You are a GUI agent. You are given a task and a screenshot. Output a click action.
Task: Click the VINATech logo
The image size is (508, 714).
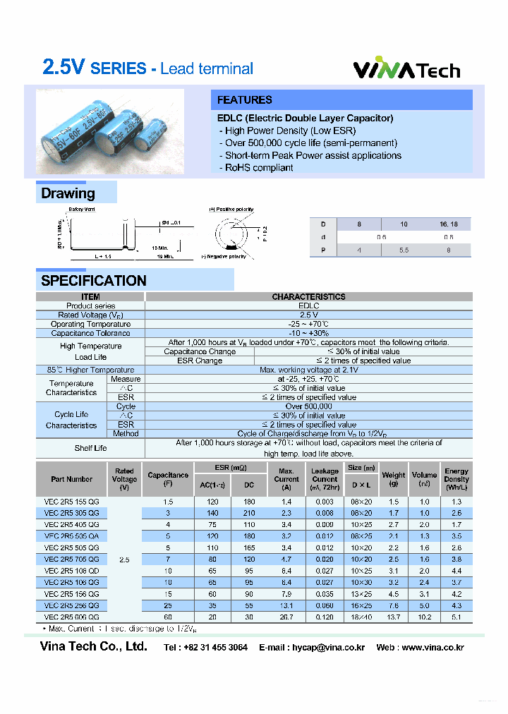coord(406,70)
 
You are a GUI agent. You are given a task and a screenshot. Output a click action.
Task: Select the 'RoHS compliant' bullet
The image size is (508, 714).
coord(259,167)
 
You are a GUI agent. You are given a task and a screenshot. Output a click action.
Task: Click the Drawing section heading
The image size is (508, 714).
coord(68,193)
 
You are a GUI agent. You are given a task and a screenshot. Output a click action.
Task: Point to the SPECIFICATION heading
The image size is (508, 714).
coord(94,280)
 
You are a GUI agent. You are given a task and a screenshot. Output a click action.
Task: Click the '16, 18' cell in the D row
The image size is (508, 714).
coord(449,224)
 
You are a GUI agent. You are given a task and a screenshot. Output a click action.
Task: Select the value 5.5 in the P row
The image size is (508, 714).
coord(404,250)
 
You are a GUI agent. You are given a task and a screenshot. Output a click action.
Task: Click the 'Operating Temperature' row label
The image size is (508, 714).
coord(90,324)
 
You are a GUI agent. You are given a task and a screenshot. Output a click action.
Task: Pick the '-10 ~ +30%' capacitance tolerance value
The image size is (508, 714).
coord(309,333)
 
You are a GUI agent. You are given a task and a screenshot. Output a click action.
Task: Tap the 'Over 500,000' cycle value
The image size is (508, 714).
coord(309,406)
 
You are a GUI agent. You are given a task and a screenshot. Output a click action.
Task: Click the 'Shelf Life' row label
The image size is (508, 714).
coord(90,448)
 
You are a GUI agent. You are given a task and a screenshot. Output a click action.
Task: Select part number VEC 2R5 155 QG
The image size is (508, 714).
coord(71,500)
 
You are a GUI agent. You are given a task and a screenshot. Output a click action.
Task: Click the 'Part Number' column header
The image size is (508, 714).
coord(71,479)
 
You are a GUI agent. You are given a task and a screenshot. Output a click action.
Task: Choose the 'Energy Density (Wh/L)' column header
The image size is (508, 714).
coord(456,479)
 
